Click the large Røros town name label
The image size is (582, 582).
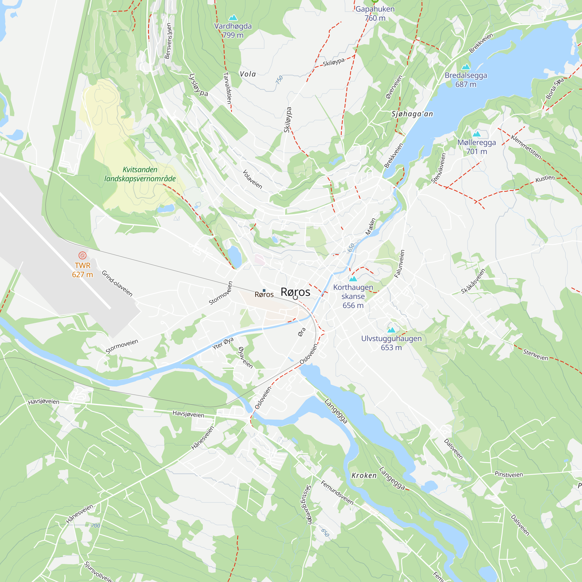(x=295, y=292)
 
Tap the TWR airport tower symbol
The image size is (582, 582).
(x=82, y=255)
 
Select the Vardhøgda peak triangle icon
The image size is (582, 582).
(x=233, y=18)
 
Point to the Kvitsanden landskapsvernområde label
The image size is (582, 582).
(x=140, y=174)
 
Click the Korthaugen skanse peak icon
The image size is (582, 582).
(x=353, y=279)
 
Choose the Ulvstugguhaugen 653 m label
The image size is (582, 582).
(x=391, y=343)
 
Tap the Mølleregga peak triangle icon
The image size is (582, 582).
(x=477, y=134)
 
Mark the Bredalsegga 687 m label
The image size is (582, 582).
(x=466, y=80)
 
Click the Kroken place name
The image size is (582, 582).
(x=364, y=475)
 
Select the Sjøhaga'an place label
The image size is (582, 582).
(x=412, y=114)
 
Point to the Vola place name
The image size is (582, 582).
(x=248, y=74)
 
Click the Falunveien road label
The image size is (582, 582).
(x=400, y=264)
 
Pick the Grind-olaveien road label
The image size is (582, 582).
(x=117, y=283)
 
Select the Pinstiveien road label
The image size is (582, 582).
(x=509, y=474)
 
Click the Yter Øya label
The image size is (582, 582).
(x=223, y=343)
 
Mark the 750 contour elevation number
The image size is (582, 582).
(x=279, y=80)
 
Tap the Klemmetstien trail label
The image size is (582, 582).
(x=526, y=147)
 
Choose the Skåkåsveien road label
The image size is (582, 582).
(x=473, y=281)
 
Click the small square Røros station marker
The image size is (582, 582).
(x=264, y=290)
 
